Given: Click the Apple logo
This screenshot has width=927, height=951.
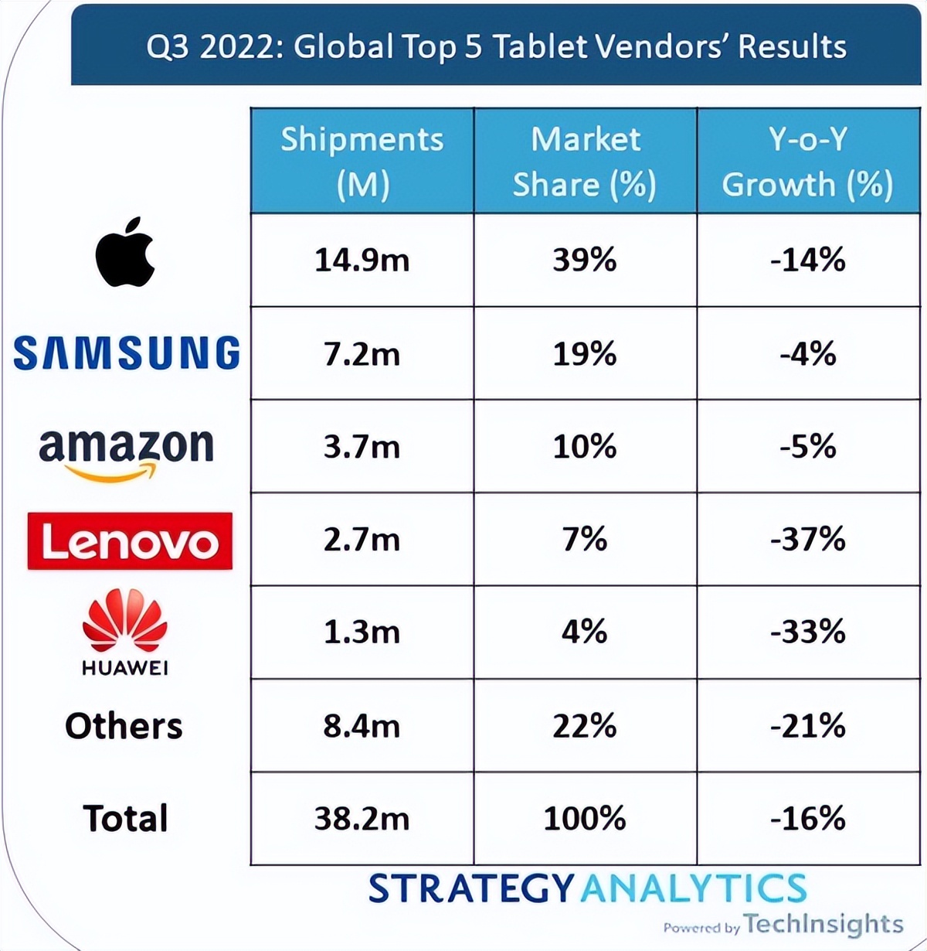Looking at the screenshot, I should [126, 253].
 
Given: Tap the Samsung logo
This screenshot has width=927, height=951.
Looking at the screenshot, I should [127, 353].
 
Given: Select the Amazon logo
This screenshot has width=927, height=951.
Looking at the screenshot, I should [126, 452].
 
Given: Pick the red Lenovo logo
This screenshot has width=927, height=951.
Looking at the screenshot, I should [130, 541].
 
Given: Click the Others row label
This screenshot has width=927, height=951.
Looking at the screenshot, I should [124, 726].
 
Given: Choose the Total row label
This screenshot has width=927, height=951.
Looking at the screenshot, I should [125, 819].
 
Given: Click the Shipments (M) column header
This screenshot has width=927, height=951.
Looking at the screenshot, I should [362, 161].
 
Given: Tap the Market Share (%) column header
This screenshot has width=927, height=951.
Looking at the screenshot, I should [585, 161].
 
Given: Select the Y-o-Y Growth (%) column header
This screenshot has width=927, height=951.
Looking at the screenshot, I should [807, 161].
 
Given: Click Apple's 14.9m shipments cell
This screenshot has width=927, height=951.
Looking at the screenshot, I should [362, 261].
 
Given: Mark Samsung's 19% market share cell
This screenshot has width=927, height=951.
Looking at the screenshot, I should [585, 354].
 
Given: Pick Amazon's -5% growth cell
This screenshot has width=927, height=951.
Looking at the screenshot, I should [807, 447].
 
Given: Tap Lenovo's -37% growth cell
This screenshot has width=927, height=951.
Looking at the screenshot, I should [807, 540].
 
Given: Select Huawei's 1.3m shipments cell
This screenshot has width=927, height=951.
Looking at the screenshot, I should [362, 632].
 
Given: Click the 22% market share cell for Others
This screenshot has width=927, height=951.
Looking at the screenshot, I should [585, 726].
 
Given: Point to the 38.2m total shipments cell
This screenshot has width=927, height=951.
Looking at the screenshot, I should [362, 819].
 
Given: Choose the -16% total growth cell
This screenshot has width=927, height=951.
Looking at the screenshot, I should [807, 819].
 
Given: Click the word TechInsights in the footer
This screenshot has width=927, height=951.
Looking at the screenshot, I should [823, 924].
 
